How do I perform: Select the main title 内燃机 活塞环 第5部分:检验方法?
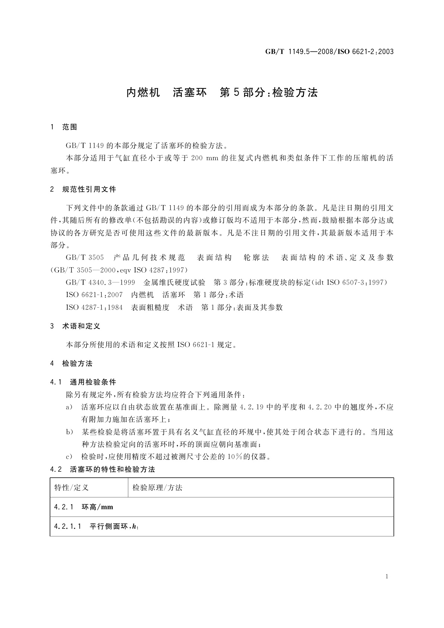pos(222,92)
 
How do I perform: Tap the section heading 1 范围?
pos(64,127)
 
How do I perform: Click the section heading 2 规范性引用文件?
pos(83,189)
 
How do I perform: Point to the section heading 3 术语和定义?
pos(75,326)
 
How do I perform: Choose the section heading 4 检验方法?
pos(71,364)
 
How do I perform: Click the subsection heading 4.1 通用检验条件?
pos(83,382)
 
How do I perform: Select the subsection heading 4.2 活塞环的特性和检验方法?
pos(103,470)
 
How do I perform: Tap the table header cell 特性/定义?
pos(71,488)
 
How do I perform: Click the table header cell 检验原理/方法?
pos(157,488)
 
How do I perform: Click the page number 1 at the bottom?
pos(387,577)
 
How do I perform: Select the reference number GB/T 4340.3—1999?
pos(100,282)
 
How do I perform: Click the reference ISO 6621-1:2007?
pos(94,295)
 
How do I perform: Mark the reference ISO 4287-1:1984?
pos(94,308)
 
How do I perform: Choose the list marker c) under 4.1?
pos(69,457)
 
